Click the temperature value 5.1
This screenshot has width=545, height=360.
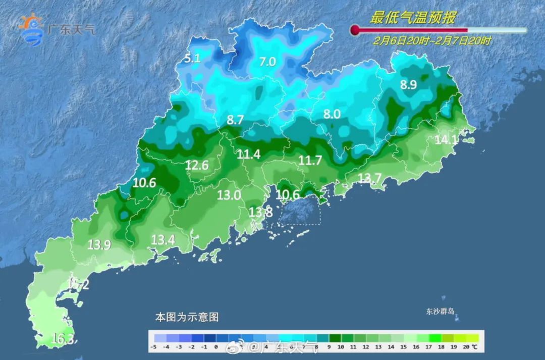192,59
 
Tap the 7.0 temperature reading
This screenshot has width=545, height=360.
267,62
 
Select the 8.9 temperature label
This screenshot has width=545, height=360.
408,85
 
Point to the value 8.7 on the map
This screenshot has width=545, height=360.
236,120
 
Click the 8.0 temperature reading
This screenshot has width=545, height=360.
332,115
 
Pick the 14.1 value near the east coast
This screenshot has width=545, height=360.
446,140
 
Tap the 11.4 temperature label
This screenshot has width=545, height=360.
249,155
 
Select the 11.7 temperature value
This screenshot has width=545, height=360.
310,161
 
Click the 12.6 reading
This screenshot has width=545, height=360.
197,165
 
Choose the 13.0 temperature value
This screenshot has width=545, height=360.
229,195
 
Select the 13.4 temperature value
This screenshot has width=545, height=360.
162,240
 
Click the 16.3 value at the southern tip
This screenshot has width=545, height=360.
64,339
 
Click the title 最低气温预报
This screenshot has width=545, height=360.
413,19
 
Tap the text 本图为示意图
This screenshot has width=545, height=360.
187,318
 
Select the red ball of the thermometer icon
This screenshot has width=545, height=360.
355,30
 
